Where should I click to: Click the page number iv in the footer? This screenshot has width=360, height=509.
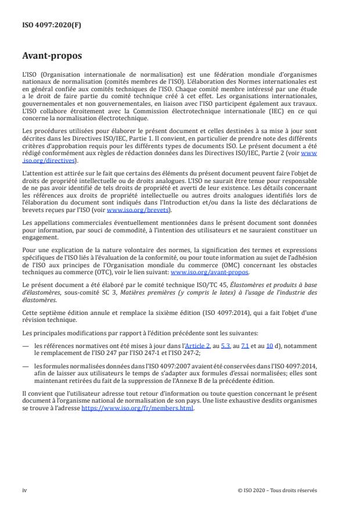click(24, 490)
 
